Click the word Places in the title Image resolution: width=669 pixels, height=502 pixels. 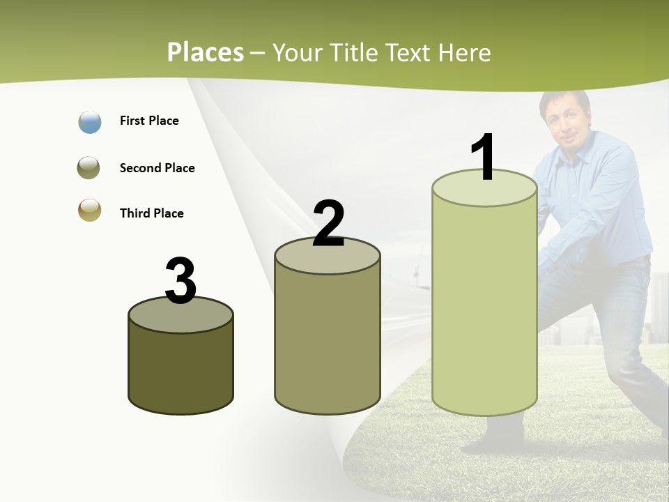[206, 52]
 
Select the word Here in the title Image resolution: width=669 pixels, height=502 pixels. [465, 52]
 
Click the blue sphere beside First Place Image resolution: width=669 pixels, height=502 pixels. [90, 122]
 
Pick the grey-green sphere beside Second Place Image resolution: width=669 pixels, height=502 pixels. [89, 168]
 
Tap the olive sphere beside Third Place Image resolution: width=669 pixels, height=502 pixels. [90, 211]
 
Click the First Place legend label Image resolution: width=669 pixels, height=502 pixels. [149, 121]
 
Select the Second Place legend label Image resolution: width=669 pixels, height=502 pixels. [157, 168]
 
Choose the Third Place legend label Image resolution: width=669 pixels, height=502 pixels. [151, 213]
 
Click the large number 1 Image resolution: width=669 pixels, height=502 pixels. [484, 158]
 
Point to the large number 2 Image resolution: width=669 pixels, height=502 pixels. [328, 223]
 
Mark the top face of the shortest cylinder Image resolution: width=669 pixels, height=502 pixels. [181, 317]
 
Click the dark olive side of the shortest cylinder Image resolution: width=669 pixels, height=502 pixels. [181, 370]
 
